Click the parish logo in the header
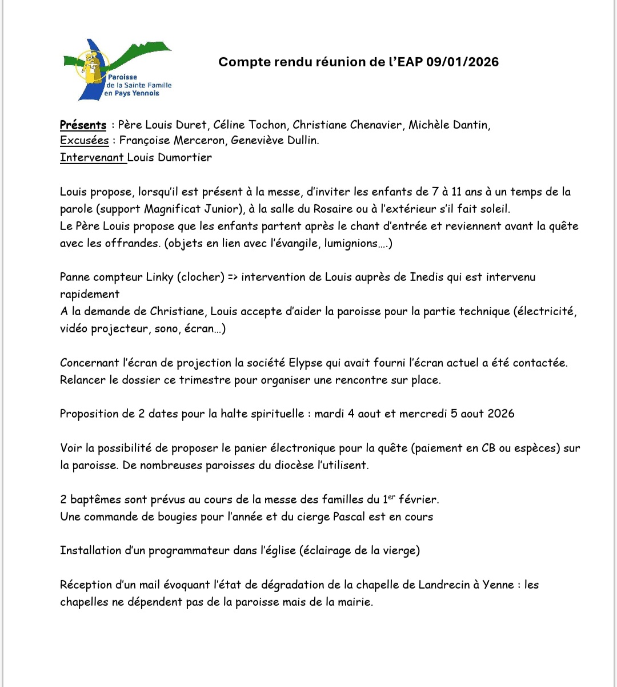(117, 69)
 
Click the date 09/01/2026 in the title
(462, 62)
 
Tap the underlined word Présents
(83, 125)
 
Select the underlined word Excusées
(84, 140)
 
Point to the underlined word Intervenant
(92, 157)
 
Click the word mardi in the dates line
(329, 414)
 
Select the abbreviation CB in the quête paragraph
(488, 448)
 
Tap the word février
(419, 499)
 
